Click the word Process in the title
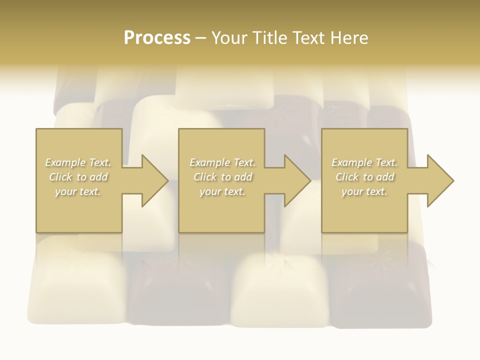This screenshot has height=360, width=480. [157, 38]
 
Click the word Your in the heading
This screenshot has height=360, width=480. [229, 38]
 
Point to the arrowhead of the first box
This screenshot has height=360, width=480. [153, 180]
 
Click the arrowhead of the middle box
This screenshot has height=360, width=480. [296, 180]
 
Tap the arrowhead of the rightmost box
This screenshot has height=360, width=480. [439, 180]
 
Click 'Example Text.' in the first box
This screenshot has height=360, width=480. [78, 162]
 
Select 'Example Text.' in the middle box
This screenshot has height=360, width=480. [222, 162]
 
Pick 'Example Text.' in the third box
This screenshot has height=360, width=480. [364, 162]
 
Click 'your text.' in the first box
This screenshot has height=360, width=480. [78, 191]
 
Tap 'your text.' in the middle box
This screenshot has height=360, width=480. [222, 191]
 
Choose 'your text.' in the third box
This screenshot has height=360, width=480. [364, 191]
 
